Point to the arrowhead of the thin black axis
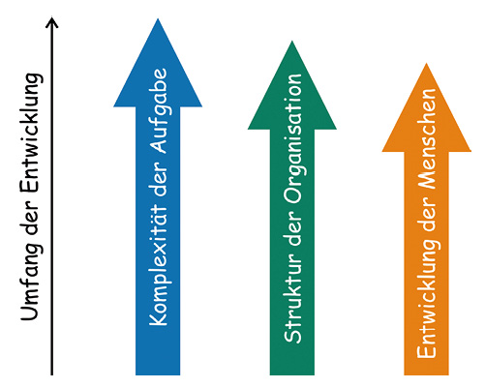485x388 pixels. [x=51, y=22]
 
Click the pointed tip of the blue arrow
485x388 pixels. [x=158, y=18]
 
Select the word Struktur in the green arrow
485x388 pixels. [x=292, y=297]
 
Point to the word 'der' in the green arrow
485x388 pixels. [x=292, y=228]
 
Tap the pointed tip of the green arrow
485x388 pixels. [x=292, y=41]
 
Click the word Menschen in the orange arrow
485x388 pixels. [x=428, y=138]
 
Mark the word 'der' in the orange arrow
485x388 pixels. [x=427, y=214]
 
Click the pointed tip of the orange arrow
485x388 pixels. [x=427, y=63]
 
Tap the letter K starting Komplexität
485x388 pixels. [x=158, y=317]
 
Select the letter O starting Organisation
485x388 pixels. [x=293, y=195]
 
